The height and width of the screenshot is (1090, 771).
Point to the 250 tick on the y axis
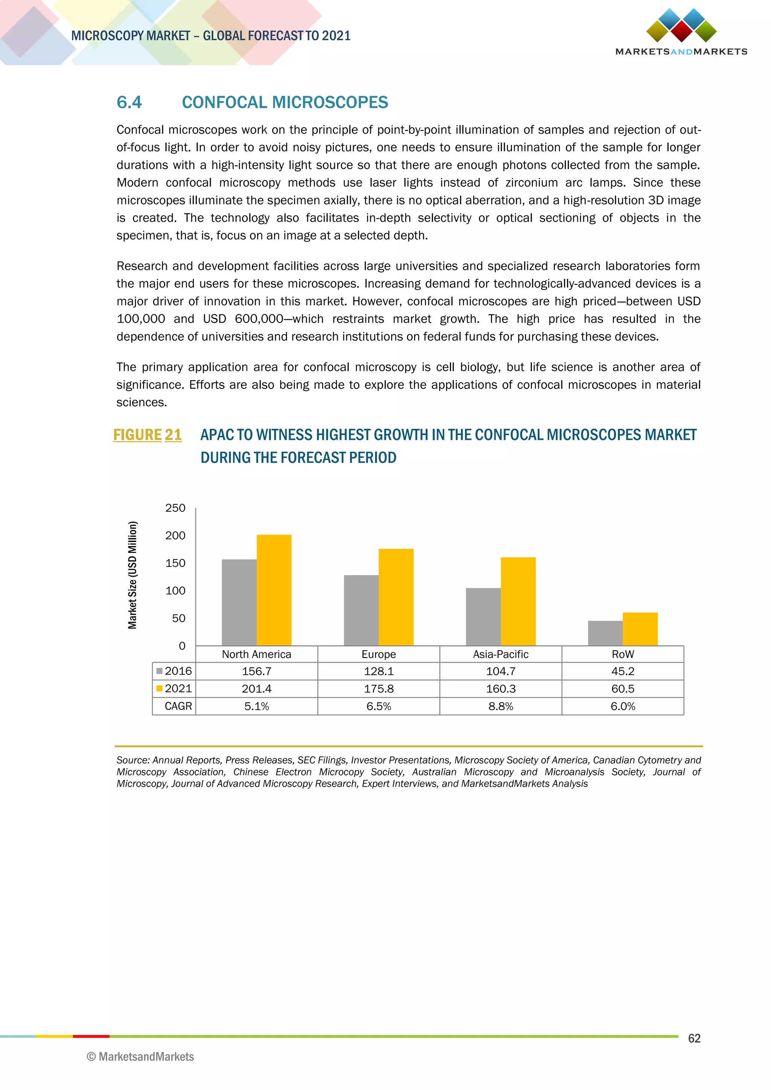coord(175,508)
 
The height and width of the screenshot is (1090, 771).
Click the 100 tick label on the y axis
coord(175,591)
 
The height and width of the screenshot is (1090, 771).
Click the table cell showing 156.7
coord(256,671)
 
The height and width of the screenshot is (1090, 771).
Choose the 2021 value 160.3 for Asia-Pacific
coord(500,689)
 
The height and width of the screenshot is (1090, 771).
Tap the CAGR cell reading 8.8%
coord(500,706)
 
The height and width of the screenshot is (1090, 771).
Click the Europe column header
coord(378,654)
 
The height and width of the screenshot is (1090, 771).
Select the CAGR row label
coord(178,706)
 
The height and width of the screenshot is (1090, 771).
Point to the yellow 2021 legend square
coord(160,688)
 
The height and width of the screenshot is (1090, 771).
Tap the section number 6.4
coord(129,102)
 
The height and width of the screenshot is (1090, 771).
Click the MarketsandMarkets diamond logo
coord(681,26)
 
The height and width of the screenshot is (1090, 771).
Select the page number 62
coord(694,1038)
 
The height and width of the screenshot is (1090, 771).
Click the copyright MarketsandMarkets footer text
coord(140,1057)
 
